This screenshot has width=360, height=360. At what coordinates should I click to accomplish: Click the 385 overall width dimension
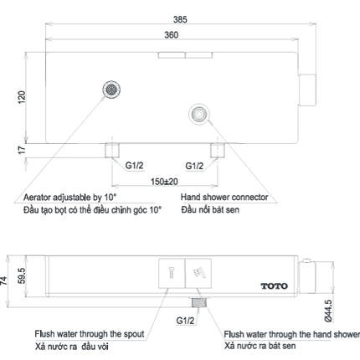(180, 19)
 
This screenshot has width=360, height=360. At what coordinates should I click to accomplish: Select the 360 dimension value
(172, 35)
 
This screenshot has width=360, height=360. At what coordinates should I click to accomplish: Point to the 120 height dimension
(22, 97)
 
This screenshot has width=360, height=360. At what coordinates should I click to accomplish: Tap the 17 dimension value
(22, 150)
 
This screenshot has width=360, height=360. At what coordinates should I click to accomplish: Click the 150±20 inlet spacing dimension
(164, 182)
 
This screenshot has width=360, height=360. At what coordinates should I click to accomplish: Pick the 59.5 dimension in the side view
(22, 276)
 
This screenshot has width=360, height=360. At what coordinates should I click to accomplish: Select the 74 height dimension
(4, 280)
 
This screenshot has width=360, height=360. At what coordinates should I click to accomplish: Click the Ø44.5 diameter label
(328, 311)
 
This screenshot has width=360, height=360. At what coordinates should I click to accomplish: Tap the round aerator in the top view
(111, 90)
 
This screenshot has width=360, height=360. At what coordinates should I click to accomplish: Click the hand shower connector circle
(199, 114)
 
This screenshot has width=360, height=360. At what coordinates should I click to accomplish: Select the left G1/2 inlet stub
(112, 151)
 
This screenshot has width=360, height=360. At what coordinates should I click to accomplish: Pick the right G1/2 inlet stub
(218, 151)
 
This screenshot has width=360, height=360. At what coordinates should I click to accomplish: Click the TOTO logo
(275, 286)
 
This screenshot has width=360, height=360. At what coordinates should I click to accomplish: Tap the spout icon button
(172, 273)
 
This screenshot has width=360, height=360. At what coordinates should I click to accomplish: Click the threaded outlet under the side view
(198, 302)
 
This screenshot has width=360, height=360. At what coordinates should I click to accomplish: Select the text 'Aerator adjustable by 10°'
(69, 198)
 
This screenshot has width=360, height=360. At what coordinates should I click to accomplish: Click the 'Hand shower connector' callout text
(224, 197)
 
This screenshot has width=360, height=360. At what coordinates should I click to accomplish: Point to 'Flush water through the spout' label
(90, 334)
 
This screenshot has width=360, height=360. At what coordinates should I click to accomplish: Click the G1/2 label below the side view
(185, 321)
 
